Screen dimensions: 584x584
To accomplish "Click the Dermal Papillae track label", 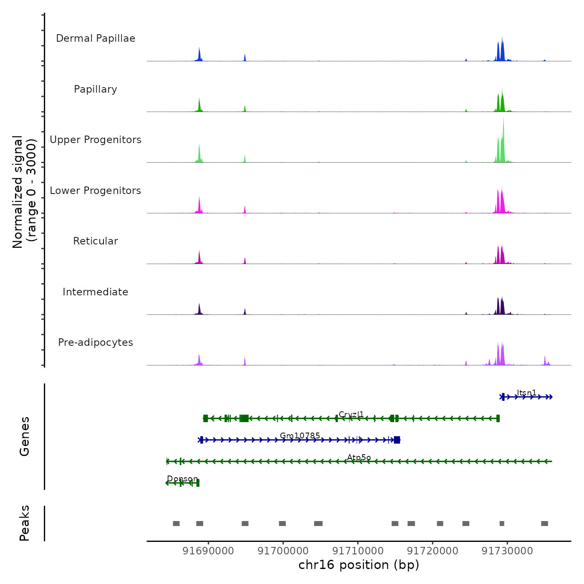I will point(96,38).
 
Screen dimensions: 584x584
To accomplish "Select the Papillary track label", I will point(96,89).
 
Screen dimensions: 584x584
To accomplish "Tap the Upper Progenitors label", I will point(96,140).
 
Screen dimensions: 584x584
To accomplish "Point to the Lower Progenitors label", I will point(96,191).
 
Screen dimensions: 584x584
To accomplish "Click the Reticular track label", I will point(96,241).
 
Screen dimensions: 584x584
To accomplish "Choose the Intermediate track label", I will point(96,292).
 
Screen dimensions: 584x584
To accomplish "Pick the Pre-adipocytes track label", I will point(96,342).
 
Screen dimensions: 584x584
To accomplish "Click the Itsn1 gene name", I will point(526,393).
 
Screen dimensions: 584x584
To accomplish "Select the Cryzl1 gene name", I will point(351,414).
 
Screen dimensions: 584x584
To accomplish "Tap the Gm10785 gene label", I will point(300,435).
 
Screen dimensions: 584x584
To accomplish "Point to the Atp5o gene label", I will point(359,457).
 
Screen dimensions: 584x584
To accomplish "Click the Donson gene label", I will point(182,478).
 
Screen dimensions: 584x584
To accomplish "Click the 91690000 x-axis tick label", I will point(208,551).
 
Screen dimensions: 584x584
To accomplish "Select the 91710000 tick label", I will point(358,551).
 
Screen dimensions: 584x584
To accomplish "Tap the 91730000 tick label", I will point(507,551).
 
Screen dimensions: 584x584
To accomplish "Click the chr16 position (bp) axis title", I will point(359,565).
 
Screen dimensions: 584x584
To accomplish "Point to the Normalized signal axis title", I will point(24,192).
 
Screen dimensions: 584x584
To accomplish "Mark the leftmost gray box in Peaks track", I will point(176,524).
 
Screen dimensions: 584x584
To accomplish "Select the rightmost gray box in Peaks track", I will point(544,524).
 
